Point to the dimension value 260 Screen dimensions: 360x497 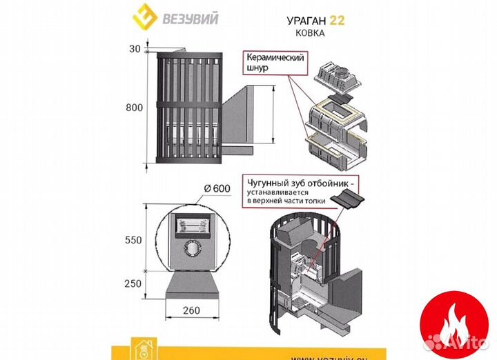(x=191, y=310)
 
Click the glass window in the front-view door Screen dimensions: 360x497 (x=191, y=225)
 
